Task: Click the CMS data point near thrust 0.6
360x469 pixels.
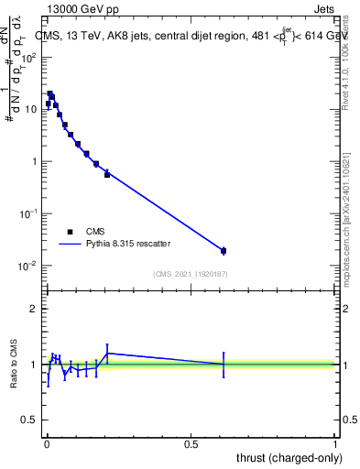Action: click(x=224, y=250)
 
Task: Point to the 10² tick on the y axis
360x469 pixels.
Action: click(x=32, y=57)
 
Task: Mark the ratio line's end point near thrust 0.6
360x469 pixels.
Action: click(x=224, y=365)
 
